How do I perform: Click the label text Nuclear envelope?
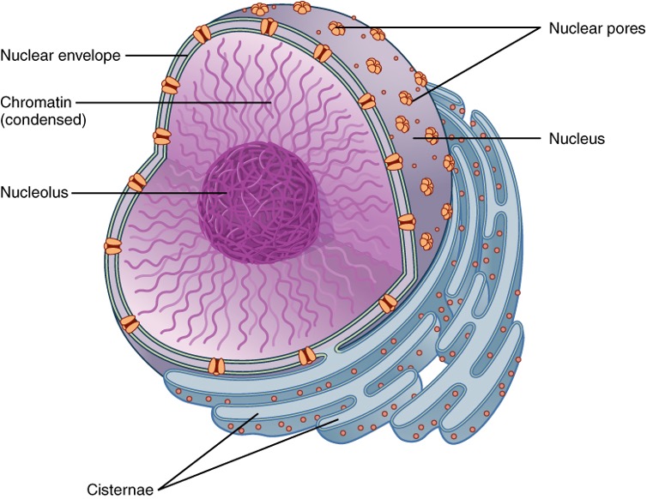tap(62, 56)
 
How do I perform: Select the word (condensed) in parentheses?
tap(44, 120)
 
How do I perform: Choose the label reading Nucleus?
tap(577, 137)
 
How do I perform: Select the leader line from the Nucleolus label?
tap(146, 192)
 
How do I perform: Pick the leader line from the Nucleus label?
tap(481, 137)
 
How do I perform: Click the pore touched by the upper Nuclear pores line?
tap(338, 29)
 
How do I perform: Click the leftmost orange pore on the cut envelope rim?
tap(112, 247)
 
